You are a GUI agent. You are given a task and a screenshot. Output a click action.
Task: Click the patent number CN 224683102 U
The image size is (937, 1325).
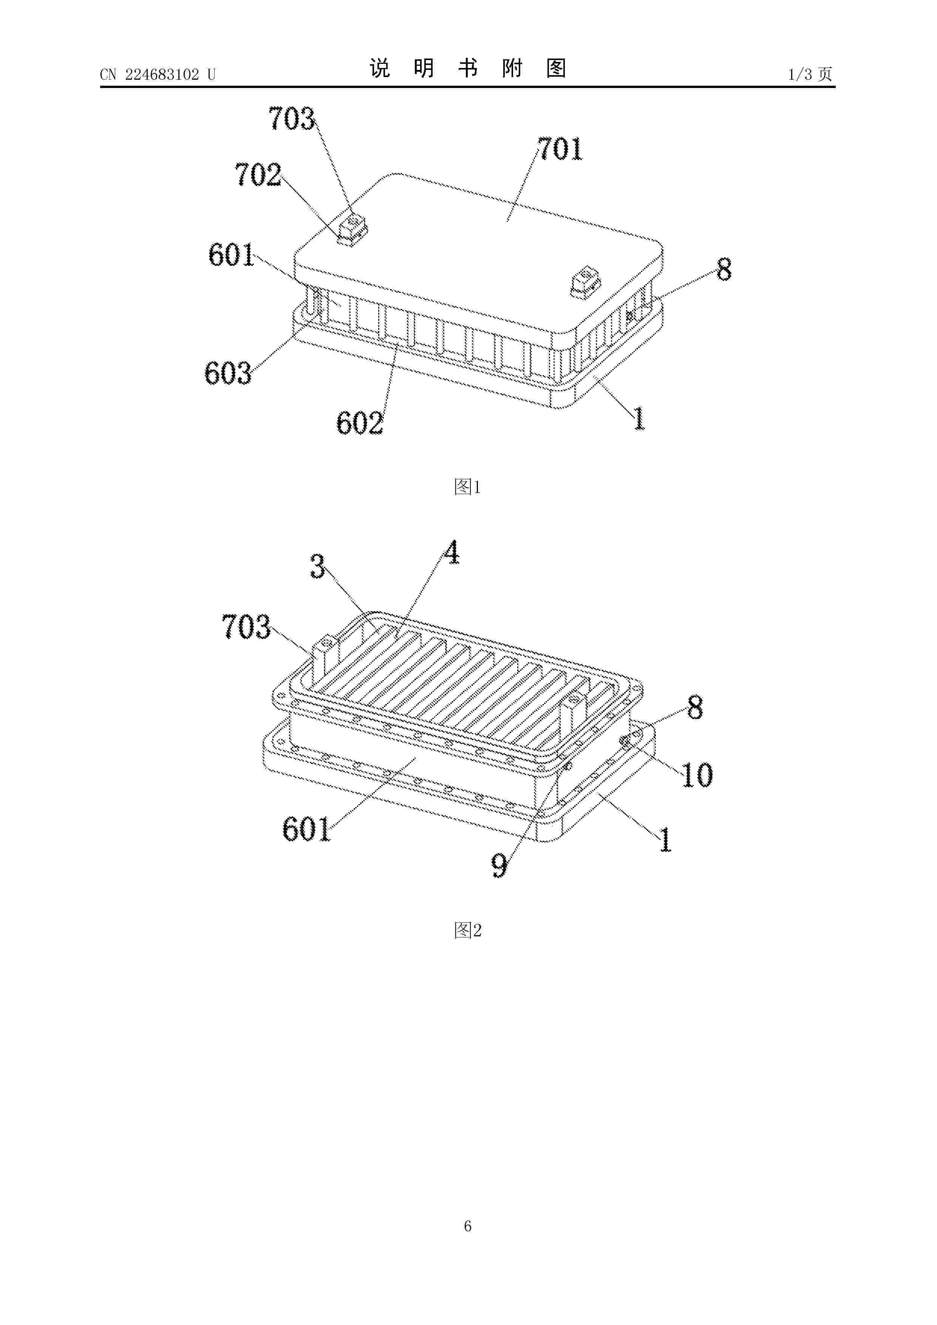click(x=158, y=74)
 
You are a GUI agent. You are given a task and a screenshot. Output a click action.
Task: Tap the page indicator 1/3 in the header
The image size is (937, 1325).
click(x=800, y=74)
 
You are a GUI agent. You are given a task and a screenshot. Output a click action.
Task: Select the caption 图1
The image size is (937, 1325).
click(x=468, y=487)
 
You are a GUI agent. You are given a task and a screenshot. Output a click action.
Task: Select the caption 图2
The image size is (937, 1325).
click(x=468, y=930)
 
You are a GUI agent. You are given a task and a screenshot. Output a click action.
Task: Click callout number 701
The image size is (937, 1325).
click(x=560, y=149)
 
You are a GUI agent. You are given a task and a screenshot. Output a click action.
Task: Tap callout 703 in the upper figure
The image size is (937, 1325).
click(x=292, y=119)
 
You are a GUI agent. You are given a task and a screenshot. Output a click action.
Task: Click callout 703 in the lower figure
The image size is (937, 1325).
click(x=246, y=627)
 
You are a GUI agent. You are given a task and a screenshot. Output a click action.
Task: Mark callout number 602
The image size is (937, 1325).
click(x=360, y=423)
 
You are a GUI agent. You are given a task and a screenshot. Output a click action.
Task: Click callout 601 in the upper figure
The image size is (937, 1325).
click(x=232, y=255)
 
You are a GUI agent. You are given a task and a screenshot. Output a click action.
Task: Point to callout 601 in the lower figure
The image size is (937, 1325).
click(x=306, y=830)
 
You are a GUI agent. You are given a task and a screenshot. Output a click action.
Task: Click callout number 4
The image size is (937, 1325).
click(x=451, y=553)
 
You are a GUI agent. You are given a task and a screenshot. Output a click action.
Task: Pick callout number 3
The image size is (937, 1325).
click(x=317, y=566)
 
